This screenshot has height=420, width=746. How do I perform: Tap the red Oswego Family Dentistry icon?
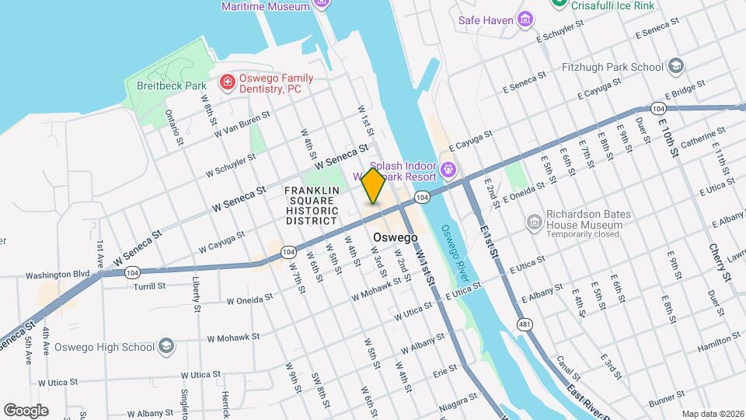point(227,82)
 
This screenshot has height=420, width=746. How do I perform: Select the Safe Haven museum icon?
point(526,19)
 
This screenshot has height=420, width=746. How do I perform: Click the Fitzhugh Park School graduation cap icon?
point(675,65)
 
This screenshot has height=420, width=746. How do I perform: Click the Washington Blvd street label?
point(58,275)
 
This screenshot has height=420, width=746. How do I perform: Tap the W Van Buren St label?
point(243,124)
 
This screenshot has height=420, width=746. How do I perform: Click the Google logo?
point(26,410)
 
